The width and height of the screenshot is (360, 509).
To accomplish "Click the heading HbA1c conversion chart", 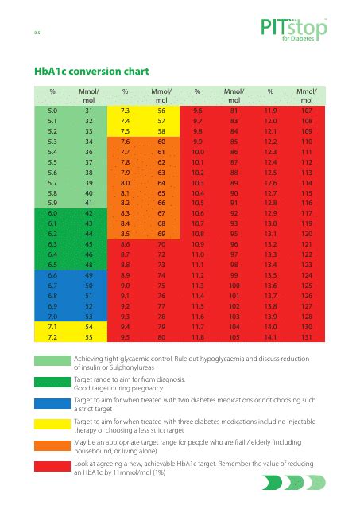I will tap(88, 70).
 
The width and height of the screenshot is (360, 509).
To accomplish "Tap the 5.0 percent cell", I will tap(52, 111).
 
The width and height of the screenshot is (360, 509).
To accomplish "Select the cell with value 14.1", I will tap(270, 336).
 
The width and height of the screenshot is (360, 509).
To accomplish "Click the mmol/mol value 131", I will tap(307, 336).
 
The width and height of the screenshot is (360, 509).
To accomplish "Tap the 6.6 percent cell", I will tap(52, 275).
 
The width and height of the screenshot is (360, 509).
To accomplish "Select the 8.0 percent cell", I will tap(126, 182).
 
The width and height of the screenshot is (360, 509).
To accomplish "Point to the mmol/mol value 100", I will tap(234, 285).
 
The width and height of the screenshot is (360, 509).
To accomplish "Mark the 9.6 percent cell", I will tap(199, 111).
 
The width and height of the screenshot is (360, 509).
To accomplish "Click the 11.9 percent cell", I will tap(270, 111).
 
